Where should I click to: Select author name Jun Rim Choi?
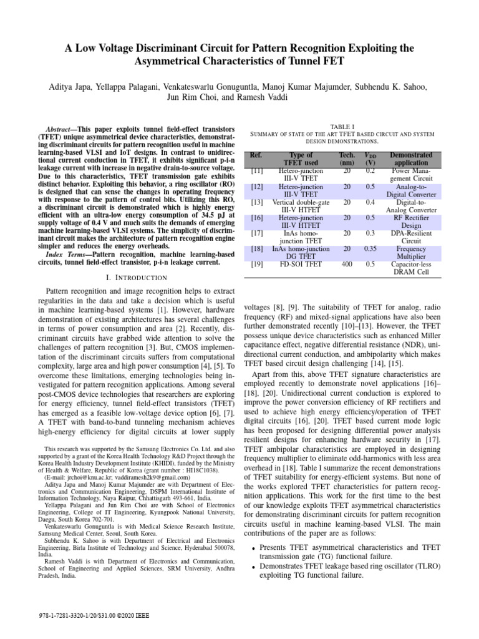click(x=193, y=97)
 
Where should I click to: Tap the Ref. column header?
click(x=256, y=154)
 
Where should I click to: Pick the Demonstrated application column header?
click(x=411, y=159)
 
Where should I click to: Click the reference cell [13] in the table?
click(x=256, y=202)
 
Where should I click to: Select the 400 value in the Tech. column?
click(x=347, y=264)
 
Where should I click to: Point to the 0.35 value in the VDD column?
click(x=370, y=248)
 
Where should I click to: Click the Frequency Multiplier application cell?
click(x=411, y=252)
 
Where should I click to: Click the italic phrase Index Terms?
click(x=65, y=255)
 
